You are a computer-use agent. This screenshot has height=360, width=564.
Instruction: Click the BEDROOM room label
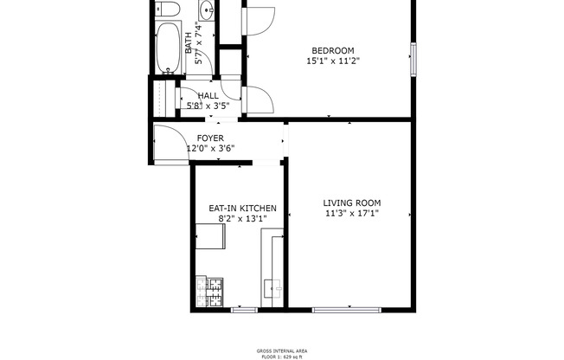coord(331,51)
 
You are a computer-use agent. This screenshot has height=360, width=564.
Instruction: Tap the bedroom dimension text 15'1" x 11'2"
coord(331,61)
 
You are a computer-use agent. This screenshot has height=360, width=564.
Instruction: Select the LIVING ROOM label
coord(352,202)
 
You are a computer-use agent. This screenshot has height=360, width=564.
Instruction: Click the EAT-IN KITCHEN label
coord(242,209)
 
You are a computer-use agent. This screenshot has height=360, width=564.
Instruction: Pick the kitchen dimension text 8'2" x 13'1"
coord(242,219)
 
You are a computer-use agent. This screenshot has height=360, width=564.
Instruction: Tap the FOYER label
coord(210,138)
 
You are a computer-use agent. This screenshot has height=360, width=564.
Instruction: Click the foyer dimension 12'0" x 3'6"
coord(210,149)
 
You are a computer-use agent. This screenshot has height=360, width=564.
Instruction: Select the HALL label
coord(208,96)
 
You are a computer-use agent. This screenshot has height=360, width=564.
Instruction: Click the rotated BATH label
coord(189,42)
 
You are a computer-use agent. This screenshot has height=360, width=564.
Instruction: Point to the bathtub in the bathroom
coord(167,48)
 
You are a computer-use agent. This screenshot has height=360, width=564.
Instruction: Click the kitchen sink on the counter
coord(273,286)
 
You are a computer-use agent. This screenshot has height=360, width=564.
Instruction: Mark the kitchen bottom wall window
coord(244,310)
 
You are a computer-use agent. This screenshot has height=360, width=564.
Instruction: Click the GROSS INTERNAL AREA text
coord(281,350)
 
